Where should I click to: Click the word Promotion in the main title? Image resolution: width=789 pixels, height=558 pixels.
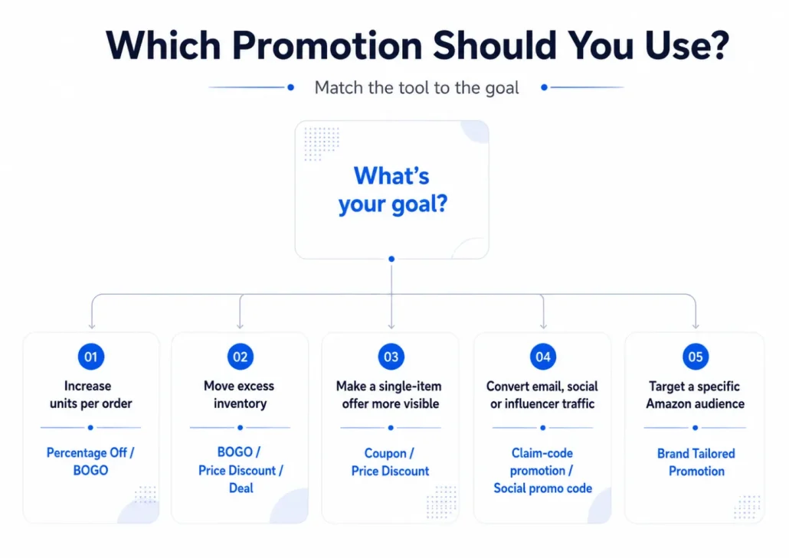point(328,46)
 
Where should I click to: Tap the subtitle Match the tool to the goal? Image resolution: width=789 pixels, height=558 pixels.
point(417,88)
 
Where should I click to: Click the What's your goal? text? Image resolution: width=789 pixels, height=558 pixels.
point(392,190)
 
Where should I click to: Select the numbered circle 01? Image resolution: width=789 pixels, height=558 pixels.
point(90,357)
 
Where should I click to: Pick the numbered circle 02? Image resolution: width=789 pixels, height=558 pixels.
point(240,357)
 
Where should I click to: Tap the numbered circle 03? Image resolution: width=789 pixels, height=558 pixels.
point(391,357)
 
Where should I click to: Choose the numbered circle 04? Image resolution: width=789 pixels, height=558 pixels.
point(543,357)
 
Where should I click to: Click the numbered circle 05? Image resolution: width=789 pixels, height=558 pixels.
point(696,357)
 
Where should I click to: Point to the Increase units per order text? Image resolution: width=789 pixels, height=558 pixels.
point(90,395)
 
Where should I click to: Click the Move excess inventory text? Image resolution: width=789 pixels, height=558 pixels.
point(240,395)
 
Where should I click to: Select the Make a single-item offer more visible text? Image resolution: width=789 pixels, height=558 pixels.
point(389,395)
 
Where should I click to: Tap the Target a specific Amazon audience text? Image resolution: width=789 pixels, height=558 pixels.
point(695,395)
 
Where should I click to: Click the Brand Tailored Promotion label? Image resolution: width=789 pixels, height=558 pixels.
point(696,462)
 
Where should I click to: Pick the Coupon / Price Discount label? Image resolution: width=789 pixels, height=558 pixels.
point(390,462)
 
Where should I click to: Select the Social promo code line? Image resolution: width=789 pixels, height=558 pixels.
point(542,488)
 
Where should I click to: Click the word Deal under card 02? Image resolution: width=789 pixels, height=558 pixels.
point(241,488)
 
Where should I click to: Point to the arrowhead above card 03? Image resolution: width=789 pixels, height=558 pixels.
point(391,327)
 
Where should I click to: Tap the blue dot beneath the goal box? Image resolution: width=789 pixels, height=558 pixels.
point(391,259)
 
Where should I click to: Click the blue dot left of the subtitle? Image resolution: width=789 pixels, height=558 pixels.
point(291,87)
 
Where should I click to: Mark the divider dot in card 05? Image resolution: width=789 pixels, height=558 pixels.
point(695,428)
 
